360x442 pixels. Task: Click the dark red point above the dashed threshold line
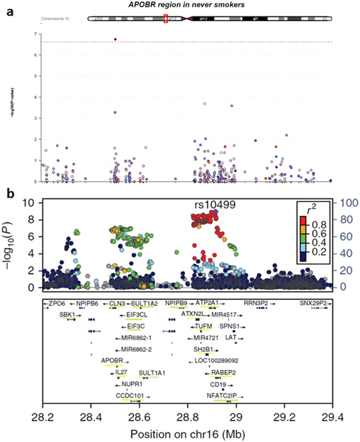click(x=116, y=40)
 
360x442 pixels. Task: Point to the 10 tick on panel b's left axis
click(x=30, y=203)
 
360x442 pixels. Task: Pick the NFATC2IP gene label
click(x=225, y=396)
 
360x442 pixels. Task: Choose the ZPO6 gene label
click(x=55, y=303)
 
